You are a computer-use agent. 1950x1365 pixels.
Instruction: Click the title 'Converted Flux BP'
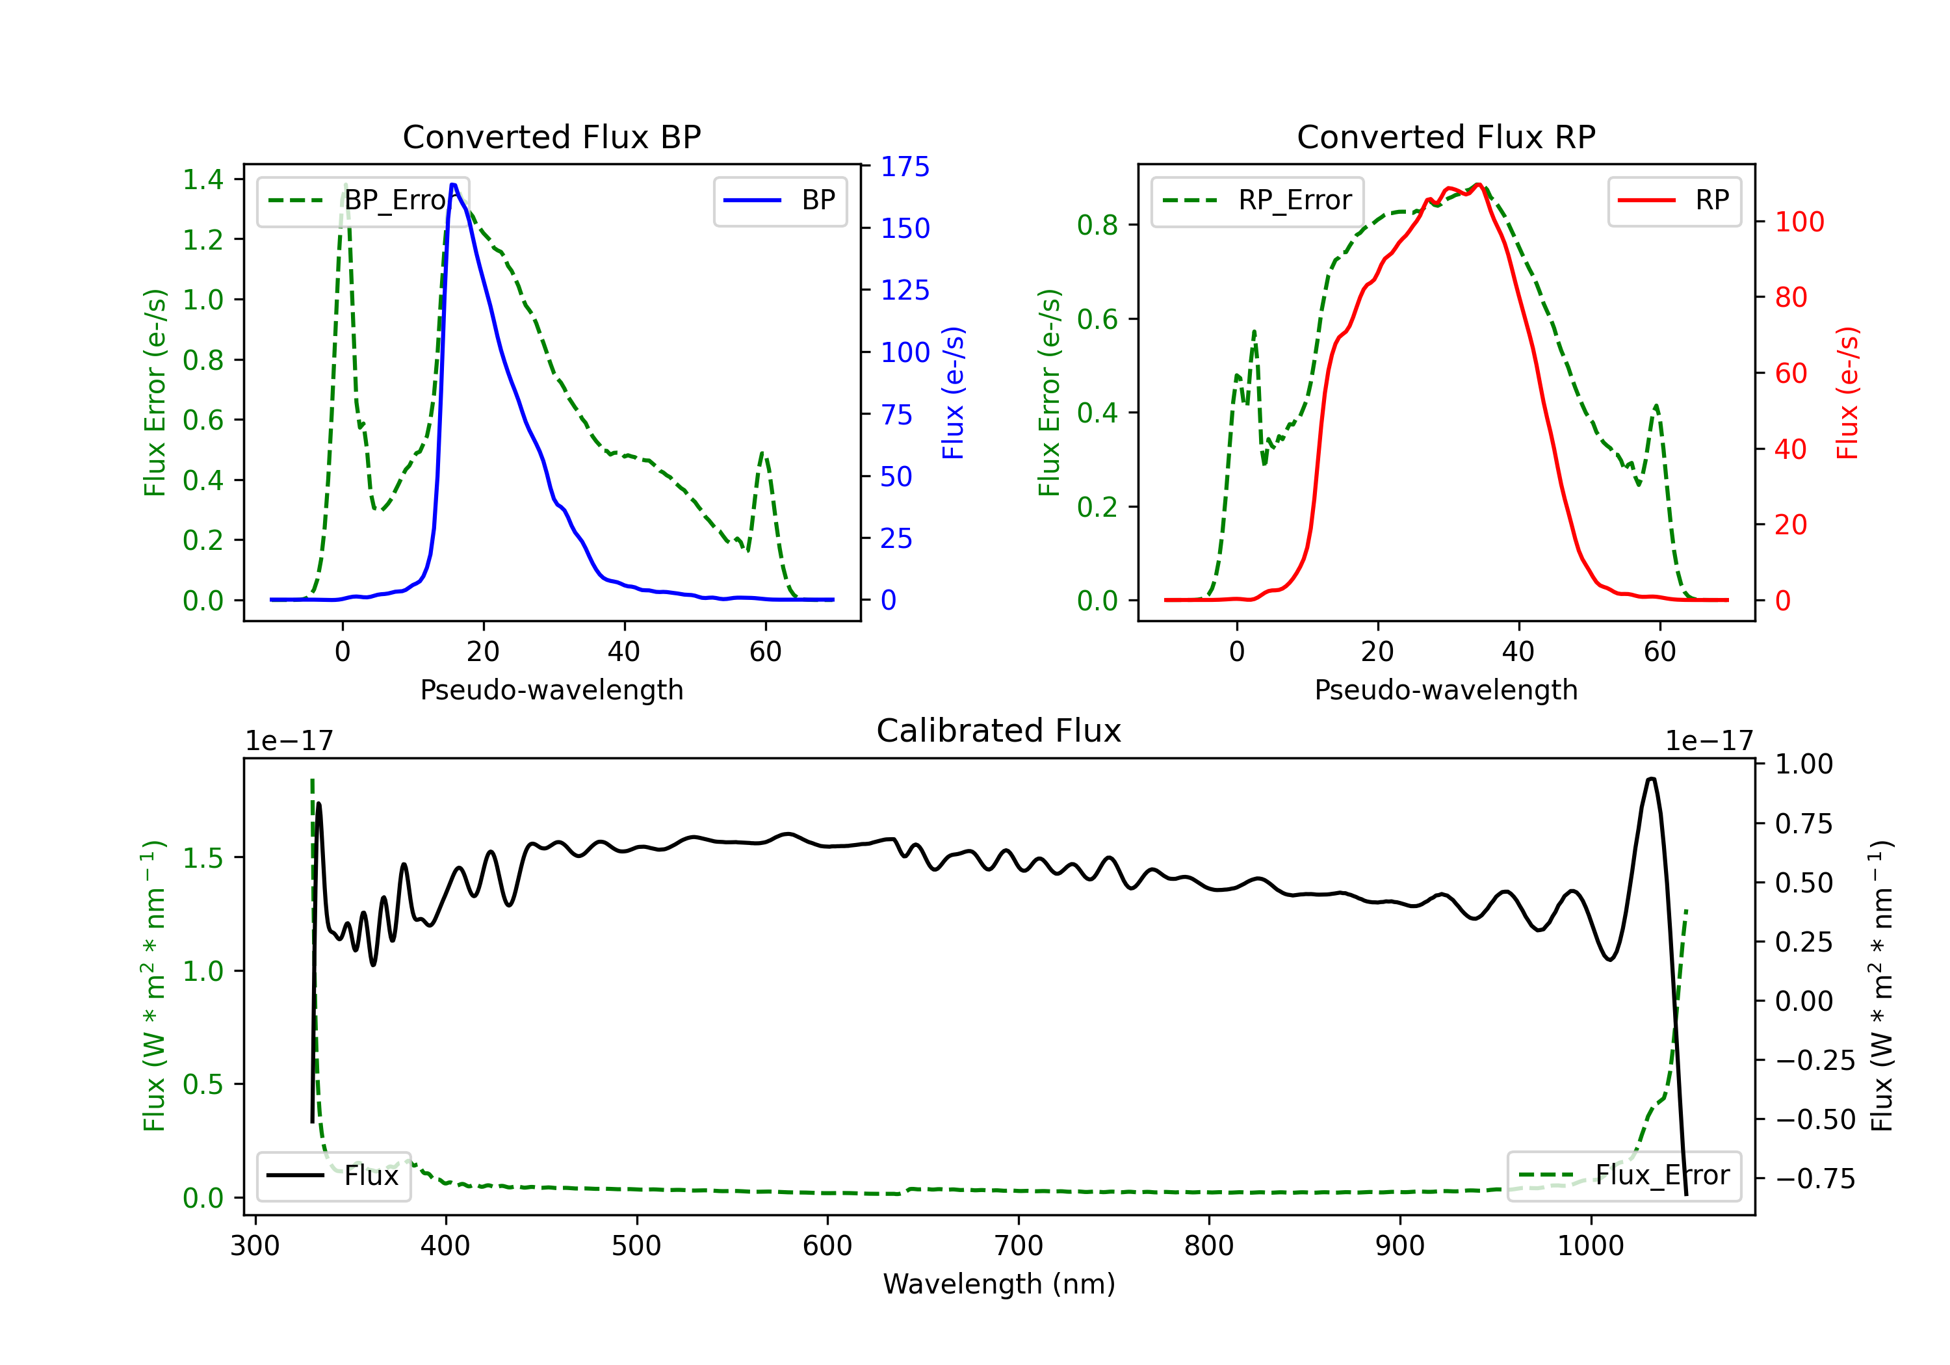(551, 136)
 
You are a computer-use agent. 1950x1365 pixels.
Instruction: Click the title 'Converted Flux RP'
(1446, 136)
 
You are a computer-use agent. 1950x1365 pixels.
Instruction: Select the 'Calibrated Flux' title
(999, 731)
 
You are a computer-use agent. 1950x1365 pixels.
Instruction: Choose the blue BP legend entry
(779, 200)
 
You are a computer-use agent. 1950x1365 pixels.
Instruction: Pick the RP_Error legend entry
(1257, 200)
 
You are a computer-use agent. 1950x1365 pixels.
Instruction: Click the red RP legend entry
(1674, 200)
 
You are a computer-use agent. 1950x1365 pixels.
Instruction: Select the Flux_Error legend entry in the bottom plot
(1624, 1176)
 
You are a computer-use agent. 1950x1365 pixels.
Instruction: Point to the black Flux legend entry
(333, 1176)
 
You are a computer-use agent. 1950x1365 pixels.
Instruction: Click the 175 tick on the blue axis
(905, 166)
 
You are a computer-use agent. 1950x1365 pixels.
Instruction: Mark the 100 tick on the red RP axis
(1800, 222)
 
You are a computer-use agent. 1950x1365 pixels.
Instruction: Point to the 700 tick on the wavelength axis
(1019, 1246)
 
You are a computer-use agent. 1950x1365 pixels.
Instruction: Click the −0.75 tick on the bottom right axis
(1815, 1179)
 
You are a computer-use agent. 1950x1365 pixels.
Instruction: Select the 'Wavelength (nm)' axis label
(999, 1284)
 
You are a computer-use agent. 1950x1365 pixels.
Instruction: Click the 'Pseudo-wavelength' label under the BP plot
(551, 690)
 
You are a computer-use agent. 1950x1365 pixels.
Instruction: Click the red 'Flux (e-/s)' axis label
(1847, 393)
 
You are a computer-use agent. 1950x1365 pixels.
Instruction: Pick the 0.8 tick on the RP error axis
(1097, 225)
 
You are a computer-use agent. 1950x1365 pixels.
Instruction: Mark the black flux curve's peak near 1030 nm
(1651, 779)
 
